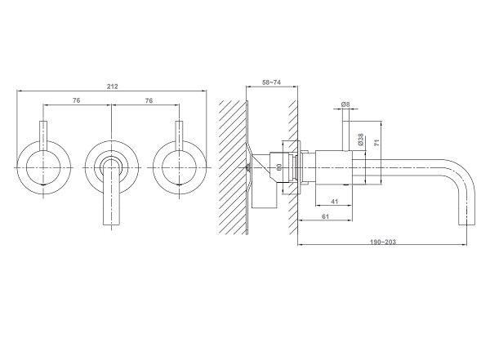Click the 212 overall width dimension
tap(112, 87)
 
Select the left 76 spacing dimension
tap(76, 100)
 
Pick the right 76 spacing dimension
tap(149, 100)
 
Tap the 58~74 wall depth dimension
tap(271, 82)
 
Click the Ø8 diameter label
tap(345, 104)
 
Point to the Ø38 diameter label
tap(361, 140)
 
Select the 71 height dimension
tap(376, 143)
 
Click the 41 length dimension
tap(334, 202)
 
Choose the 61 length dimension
tap(325, 216)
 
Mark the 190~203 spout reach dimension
tap(383, 242)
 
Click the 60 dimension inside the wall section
tap(279, 167)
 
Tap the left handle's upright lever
tap(43, 136)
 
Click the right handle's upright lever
tap(179, 136)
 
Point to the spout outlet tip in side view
tap(467, 224)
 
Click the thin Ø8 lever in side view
tap(346, 136)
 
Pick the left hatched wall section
tap(233, 167)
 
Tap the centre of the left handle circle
tap(43, 167)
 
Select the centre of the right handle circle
tap(180, 167)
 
